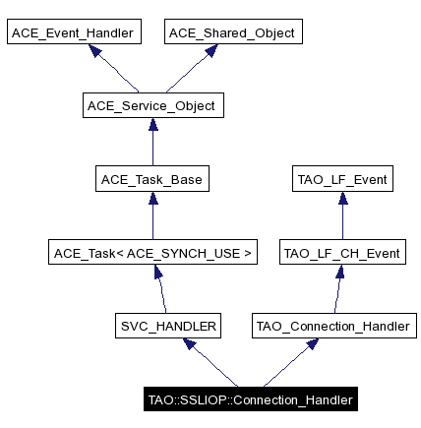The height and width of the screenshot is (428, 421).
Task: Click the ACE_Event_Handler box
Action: [x=74, y=32]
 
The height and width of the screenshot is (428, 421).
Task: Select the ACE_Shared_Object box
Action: [x=231, y=32]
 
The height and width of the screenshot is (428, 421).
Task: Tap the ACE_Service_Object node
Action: [x=150, y=105]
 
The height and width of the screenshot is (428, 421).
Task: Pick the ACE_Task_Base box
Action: [x=150, y=179]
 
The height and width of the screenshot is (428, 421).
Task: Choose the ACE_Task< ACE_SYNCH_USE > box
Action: [x=152, y=253]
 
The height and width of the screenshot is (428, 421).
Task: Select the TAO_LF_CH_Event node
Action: [x=342, y=253]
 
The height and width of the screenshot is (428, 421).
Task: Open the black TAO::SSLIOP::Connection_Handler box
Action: [x=249, y=399]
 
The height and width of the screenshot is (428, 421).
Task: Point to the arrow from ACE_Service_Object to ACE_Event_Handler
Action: [x=114, y=70]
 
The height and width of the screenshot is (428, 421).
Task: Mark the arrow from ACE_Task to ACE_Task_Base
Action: [x=151, y=216]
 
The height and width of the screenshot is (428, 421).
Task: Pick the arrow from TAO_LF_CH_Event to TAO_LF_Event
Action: [x=342, y=216]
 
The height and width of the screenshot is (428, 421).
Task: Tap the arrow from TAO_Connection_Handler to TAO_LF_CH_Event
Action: [x=338, y=290]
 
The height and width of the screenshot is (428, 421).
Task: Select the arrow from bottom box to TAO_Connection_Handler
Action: [x=291, y=363]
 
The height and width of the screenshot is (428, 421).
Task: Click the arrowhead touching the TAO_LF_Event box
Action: [x=342, y=197]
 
